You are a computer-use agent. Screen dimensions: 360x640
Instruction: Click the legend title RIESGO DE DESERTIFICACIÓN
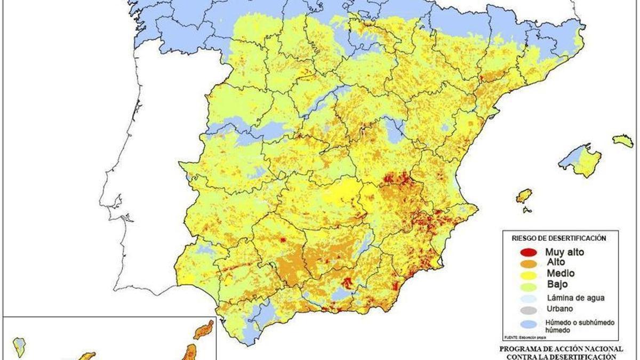(x=559, y=238)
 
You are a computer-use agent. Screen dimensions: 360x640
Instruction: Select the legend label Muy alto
(x=564, y=252)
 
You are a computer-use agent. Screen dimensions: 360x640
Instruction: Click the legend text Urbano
(x=557, y=309)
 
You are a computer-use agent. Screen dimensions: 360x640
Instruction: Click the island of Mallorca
(x=584, y=160)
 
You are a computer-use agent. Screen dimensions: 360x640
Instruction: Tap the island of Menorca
(x=623, y=141)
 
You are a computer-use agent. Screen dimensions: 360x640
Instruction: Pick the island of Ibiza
(x=524, y=196)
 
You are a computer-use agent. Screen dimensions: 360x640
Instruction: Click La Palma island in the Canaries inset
(x=20, y=346)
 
